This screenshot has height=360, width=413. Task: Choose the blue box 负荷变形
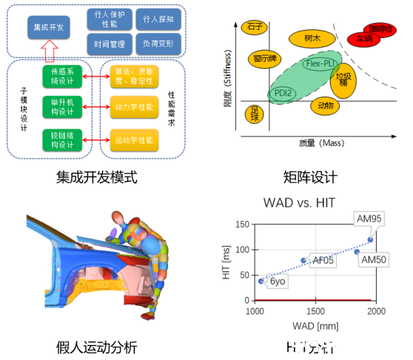[159, 44]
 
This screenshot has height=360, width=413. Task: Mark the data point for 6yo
[261, 281]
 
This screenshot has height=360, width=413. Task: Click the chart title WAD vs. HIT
[307, 202]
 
